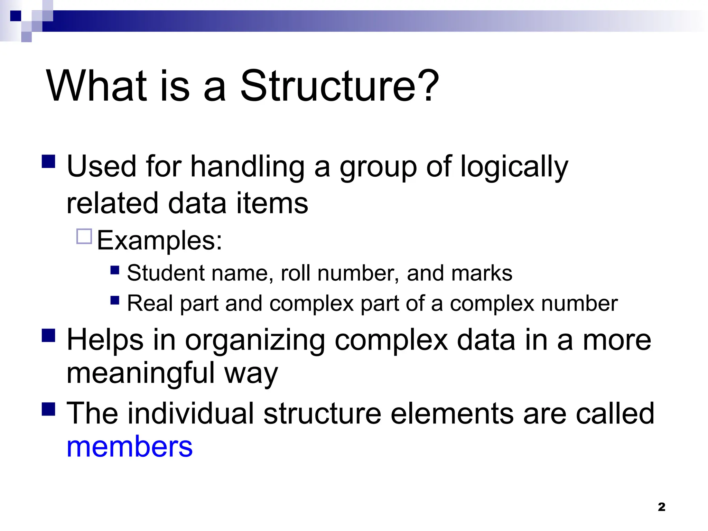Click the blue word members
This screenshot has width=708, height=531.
coord(129,447)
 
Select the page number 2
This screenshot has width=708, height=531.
coord(661,507)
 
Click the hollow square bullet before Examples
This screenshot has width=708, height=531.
coord(84,236)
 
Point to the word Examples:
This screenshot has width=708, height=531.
coord(159,240)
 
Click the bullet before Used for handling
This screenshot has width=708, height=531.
coord(48,161)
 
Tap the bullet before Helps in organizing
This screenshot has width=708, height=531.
coord(48,335)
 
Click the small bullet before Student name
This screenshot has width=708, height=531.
coord(115,270)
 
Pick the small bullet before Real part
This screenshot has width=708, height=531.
coord(115,300)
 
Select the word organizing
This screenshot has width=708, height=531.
coord(255,341)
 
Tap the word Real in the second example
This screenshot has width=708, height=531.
coord(150,304)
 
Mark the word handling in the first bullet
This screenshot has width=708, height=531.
coord(248,167)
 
